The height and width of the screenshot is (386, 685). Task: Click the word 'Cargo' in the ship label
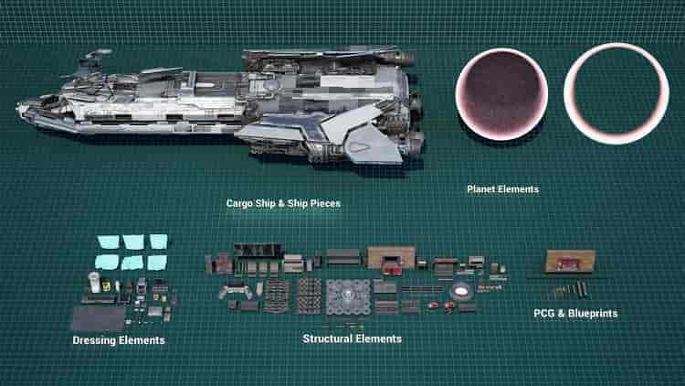[239, 203]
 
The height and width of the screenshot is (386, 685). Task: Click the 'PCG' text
[543, 314]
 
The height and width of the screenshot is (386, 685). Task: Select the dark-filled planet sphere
[501, 94]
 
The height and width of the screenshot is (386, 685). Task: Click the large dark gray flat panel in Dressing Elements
[99, 318]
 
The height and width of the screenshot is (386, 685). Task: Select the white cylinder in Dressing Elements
[94, 282]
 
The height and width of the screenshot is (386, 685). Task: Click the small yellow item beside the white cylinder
[106, 285]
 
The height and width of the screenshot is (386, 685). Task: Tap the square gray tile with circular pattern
[348, 297]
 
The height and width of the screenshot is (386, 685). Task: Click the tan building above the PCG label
[570, 261]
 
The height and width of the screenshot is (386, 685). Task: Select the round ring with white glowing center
[460, 291]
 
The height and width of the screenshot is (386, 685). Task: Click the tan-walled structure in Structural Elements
[391, 257]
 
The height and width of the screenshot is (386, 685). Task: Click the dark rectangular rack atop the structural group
[258, 251]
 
